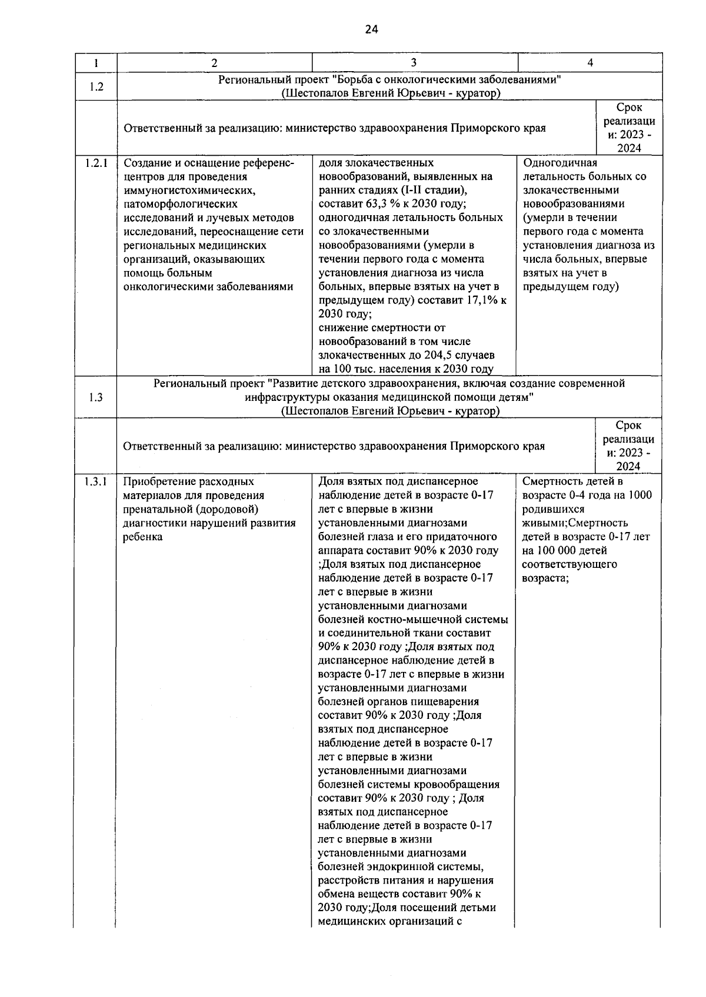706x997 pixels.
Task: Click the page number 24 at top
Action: pos(371,29)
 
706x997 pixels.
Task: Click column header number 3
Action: pos(414,63)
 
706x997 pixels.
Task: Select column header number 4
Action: pos(590,63)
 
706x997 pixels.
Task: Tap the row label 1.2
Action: pos(96,87)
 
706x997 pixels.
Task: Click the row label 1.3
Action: pos(96,397)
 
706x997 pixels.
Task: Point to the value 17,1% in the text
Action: pos(484,300)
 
